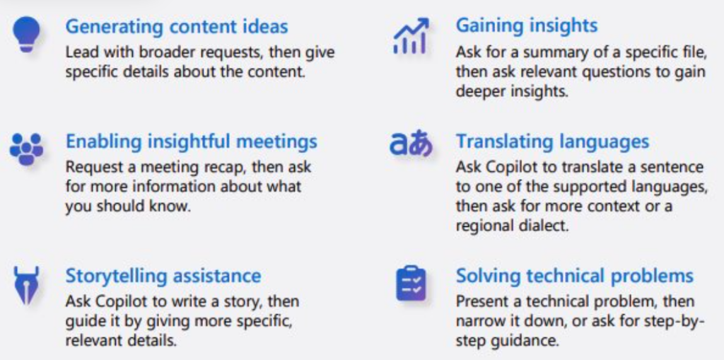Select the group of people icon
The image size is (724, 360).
tap(27, 149)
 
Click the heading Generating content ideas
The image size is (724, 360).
tap(177, 27)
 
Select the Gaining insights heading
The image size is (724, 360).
tap(527, 25)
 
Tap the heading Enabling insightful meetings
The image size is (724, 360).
tap(192, 141)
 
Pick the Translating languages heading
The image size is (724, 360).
tap(552, 141)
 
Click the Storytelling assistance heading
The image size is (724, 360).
tap(163, 275)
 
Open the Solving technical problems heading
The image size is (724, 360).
tap(575, 275)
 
